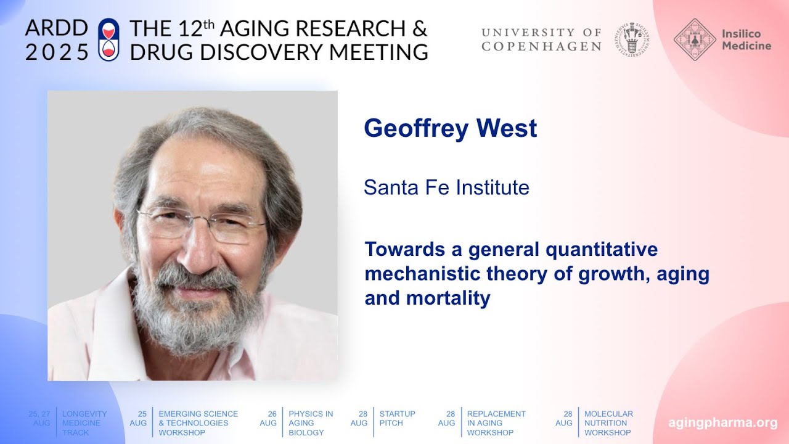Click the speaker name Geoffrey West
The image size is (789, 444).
point(450,128)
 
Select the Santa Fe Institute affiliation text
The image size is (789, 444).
point(446,187)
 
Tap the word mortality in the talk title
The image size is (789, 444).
point(448,298)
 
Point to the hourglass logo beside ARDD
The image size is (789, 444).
point(108,39)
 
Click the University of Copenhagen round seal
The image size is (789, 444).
point(632,39)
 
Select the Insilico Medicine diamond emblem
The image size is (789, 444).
point(695,39)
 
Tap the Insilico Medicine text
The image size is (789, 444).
point(746,39)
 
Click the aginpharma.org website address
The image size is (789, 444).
point(723,423)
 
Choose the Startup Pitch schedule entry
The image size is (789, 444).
point(397,418)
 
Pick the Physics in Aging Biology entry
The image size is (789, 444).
point(311,423)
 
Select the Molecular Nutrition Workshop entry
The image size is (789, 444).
point(608,423)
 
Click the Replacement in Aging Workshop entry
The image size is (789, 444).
point(496,423)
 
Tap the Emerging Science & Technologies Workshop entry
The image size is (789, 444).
point(198,423)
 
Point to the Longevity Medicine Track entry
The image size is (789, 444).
point(84,423)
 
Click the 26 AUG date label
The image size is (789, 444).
point(268,418)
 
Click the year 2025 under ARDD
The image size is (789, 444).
point(57,52)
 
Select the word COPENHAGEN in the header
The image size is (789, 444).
point(541,46)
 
